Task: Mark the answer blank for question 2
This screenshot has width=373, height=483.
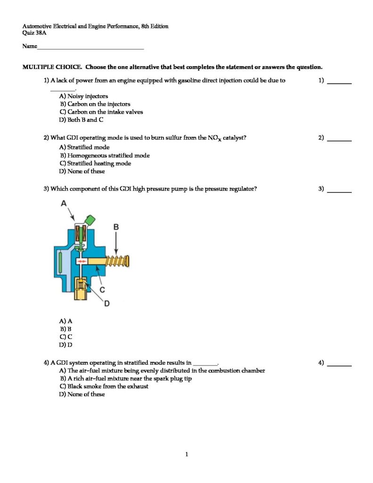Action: pos(340,140)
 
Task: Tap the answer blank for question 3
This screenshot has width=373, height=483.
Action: pos(340,192)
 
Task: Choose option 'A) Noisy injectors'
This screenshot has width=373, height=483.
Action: pos(83,96)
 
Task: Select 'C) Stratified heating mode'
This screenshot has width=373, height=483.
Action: pos(95,164)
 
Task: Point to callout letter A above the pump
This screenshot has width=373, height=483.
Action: pos(64,203)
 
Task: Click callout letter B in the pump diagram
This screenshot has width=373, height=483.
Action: pos(116,227)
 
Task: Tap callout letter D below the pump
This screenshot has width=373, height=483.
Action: pos(107,303)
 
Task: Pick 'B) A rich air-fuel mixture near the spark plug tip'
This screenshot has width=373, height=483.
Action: pos(125,378)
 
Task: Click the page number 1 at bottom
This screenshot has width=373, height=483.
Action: pos(187,455)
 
